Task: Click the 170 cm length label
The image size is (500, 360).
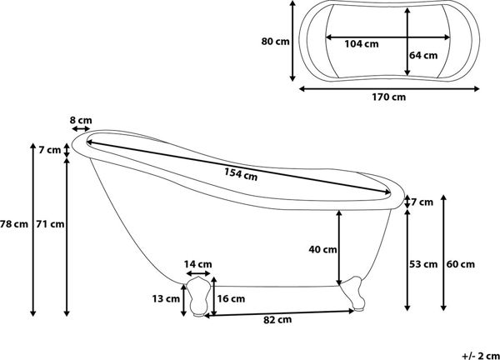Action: click(x=388, y=97)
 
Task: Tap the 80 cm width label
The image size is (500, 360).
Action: click(x=275, y=42)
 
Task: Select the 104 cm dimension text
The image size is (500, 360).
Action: click(x=362, y=44)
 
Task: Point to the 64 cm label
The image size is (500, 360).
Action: click(x=423, y=56)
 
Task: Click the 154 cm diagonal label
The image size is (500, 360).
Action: click(x=241, y=174)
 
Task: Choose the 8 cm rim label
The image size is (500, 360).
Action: click(x=81, y=121)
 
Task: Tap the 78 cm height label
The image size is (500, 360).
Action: click(x=14, y=224)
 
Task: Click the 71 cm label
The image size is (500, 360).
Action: click(x=50, y=224)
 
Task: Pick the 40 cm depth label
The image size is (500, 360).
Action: click(x=322, y=249)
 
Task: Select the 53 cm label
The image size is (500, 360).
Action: click(x=423, y=264)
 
